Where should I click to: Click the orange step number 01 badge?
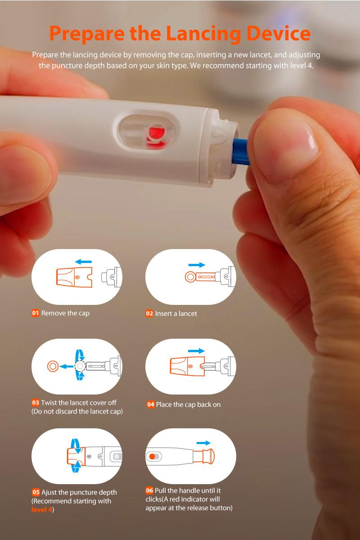tap(36, 313)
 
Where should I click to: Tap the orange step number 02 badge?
tap(149, 313)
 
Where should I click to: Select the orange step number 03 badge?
tap(36, 403)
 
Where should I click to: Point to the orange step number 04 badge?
tap(151, 404)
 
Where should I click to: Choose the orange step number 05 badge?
tap(36, 492)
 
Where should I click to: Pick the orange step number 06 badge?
tap(149, 490)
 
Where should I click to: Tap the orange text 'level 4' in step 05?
tap(42, 509)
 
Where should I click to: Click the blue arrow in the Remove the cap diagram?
tap(83, 261)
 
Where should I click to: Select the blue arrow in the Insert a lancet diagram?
tap(196, 265)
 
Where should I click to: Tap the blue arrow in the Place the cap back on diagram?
tap(196, 350)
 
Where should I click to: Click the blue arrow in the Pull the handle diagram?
tap(203, 443)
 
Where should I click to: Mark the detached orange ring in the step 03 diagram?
tap(53, 366)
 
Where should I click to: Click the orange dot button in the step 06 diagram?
tap(153, 456)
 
